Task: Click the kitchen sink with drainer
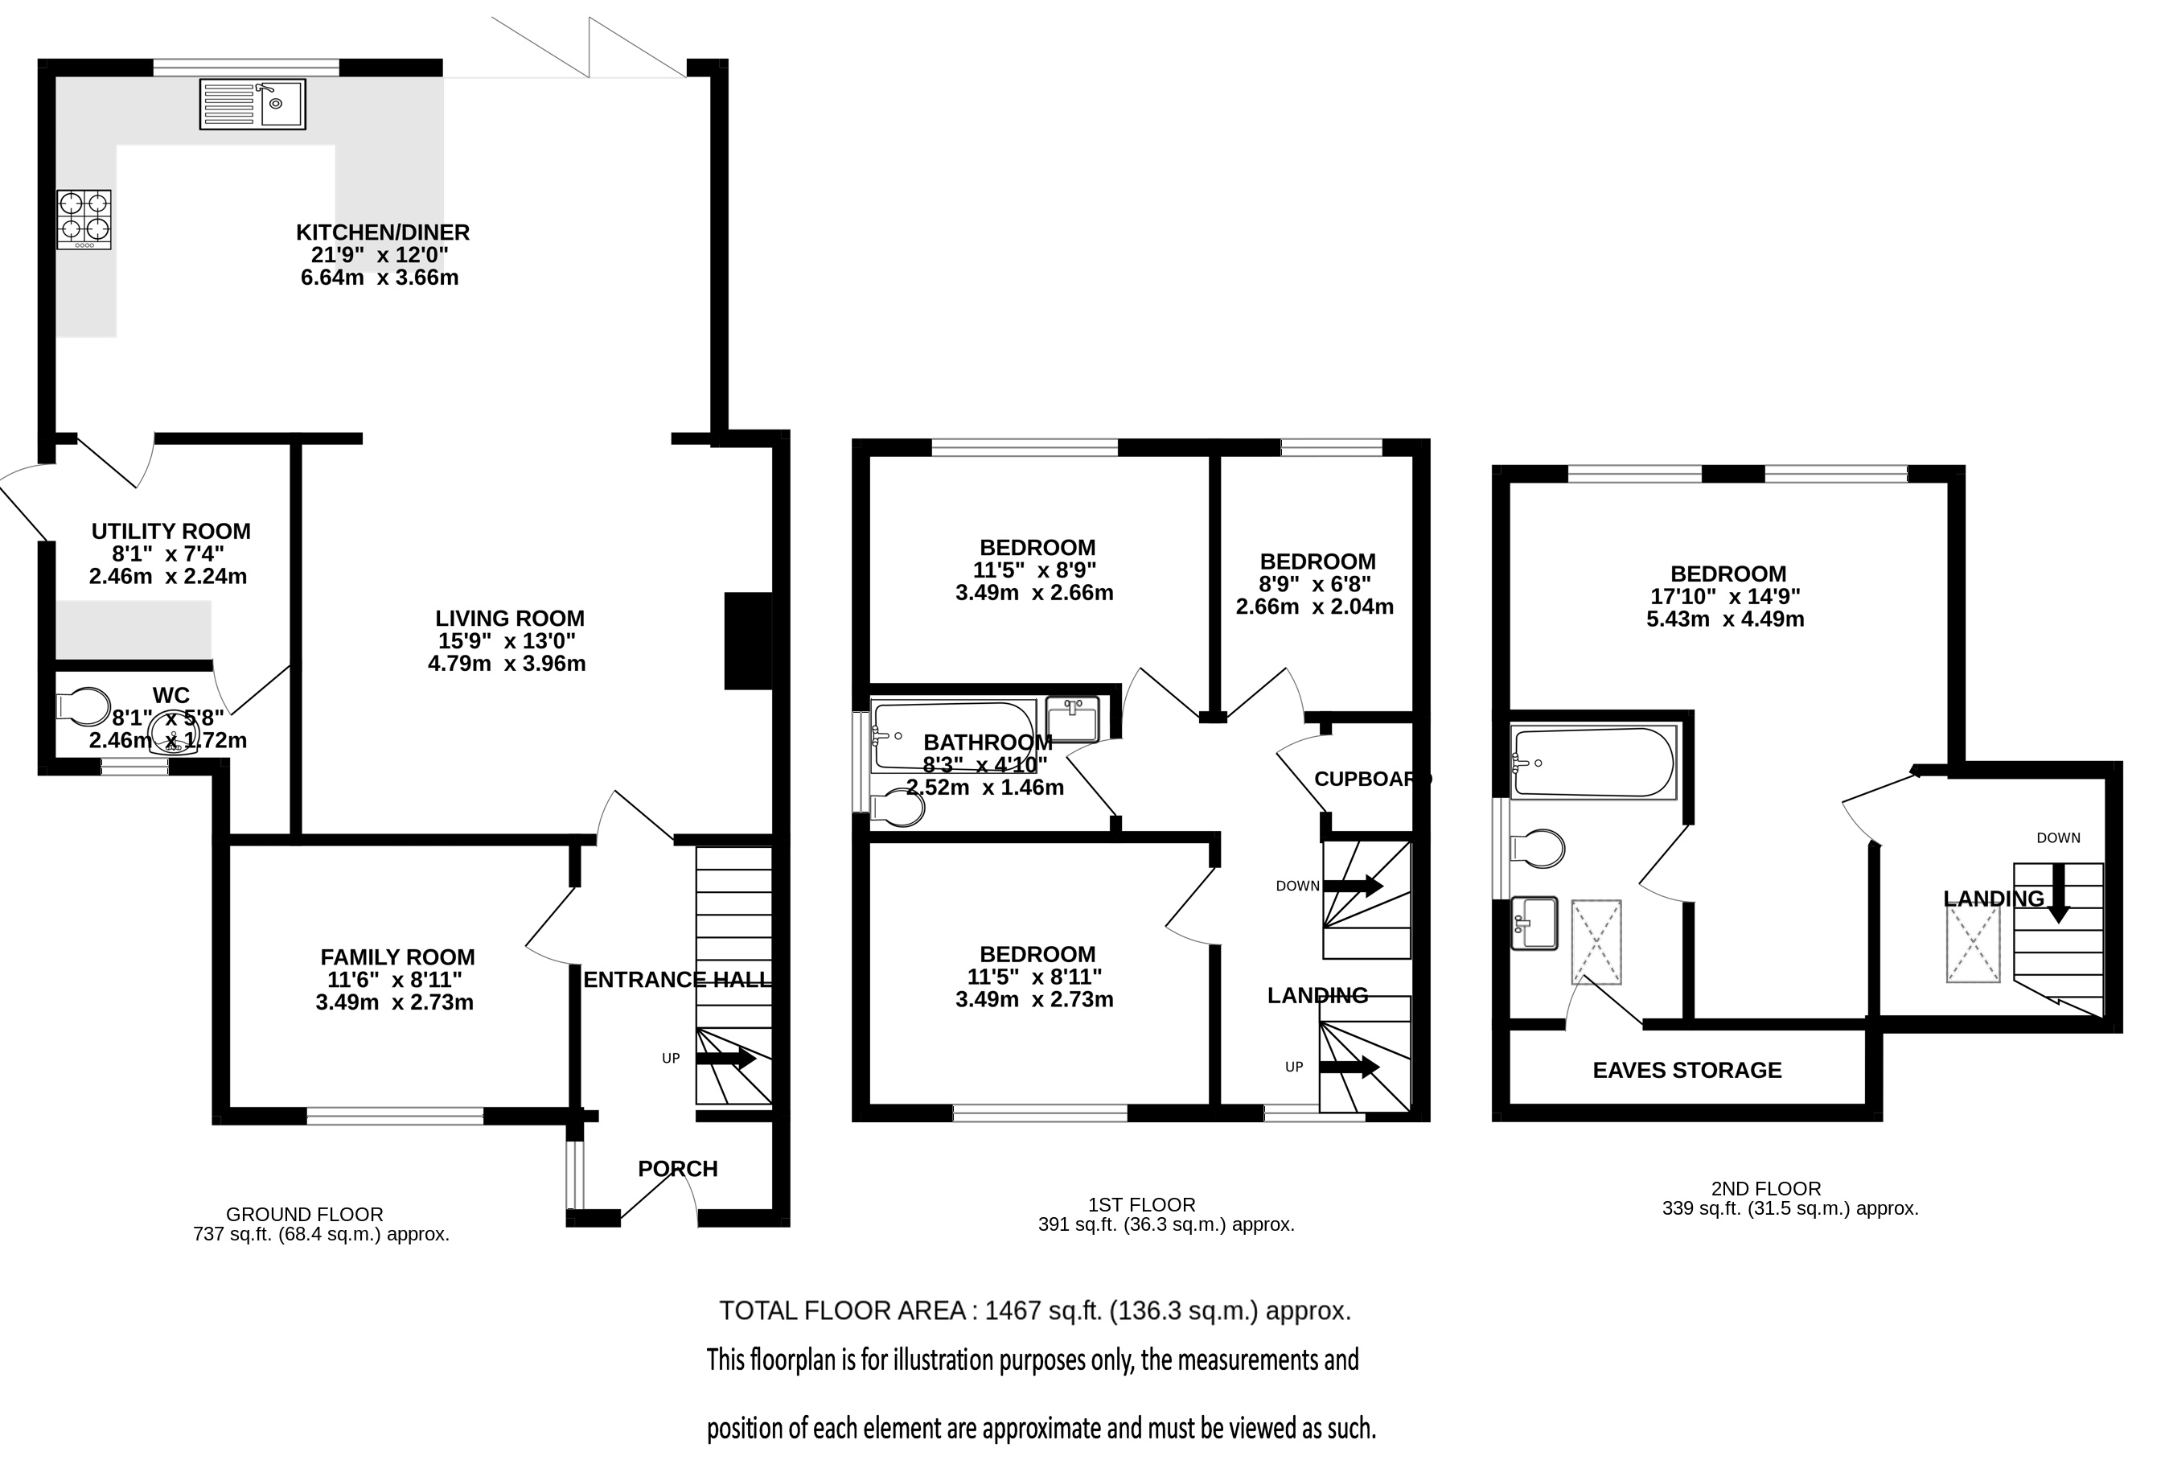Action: pos(253,104)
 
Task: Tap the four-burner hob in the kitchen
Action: pos(84,219)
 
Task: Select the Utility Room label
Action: pos(171,531)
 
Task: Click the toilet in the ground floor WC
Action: pos(84,706)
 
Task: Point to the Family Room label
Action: pos(398,957)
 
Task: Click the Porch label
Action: pos(678,1169)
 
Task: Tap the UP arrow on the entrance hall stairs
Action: pos(727,1059)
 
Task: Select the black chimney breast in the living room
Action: pos(749,641)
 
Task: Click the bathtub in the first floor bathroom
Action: pos(953,736)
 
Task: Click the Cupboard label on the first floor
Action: pos(1372,780)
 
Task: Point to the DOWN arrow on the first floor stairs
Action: pos(1354,886)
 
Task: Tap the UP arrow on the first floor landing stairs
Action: pos(1350,1068)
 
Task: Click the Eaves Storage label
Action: pos(1687,1070)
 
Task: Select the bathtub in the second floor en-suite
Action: pos(1594,763)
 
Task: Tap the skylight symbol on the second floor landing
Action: pos(1973,942)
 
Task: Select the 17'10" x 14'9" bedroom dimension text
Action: pos(1725,596)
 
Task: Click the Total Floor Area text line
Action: pos(1035,1311)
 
